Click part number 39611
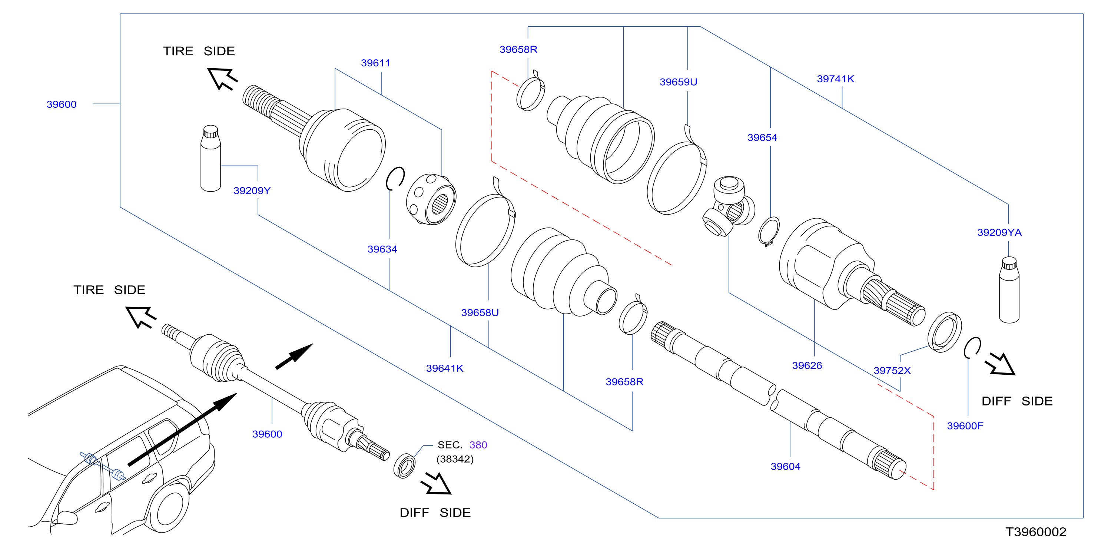click(375, 63)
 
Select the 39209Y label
click(252, 190)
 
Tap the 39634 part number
click(382, 249)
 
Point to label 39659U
click(679, 82)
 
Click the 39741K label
click(835, 79)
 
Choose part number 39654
click(762, 137)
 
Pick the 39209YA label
click(999, 232)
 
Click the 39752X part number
click(892, 371)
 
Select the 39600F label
click(965, 426)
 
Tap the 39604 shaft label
click(785, 466)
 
